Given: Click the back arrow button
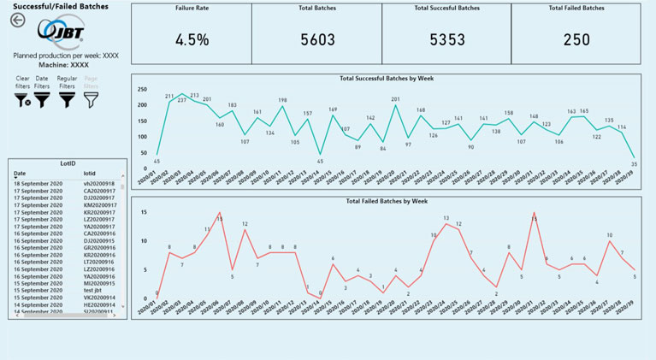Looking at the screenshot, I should [17, 21].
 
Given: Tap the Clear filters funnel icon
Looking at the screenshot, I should [23, 101].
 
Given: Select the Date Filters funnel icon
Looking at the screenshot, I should [42, 101].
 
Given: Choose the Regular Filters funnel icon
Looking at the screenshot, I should [67, 101].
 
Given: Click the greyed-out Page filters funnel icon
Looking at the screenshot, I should [91, 101].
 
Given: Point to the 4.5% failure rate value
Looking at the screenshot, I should [192, 39].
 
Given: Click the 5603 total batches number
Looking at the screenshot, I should [317, 39].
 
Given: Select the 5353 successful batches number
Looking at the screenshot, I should [446, 39].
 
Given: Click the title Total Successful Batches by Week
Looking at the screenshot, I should [387, 79].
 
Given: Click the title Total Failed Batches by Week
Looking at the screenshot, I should [387, 201].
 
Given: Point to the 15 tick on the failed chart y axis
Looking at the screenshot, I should [144, 212].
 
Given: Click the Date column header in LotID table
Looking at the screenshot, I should [20, 173].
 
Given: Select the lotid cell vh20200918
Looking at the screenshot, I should [99, 184].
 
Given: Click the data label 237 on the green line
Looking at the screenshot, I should [181, 101].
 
